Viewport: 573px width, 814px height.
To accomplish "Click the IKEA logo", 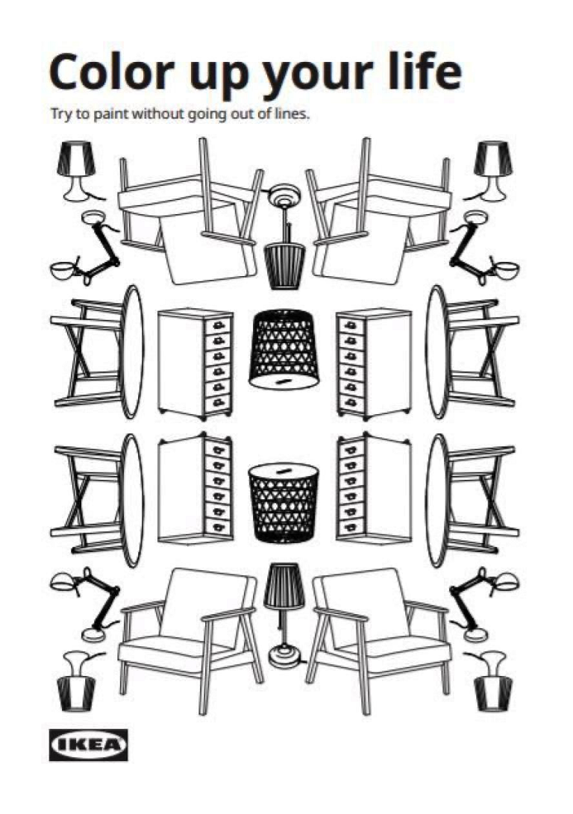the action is [x=88, y=745].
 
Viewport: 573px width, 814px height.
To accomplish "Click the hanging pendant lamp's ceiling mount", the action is [x=283, y=197].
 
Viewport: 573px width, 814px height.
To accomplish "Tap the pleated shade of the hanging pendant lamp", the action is [x=284, y=266].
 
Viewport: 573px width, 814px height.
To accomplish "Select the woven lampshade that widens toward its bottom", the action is [x=284, y=349].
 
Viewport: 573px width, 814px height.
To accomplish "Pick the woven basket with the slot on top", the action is [x=284, y=501].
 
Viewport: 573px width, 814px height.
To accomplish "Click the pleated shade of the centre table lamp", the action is [x=284, y=586].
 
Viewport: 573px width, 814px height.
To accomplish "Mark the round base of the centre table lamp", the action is [x=284, y=657].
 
